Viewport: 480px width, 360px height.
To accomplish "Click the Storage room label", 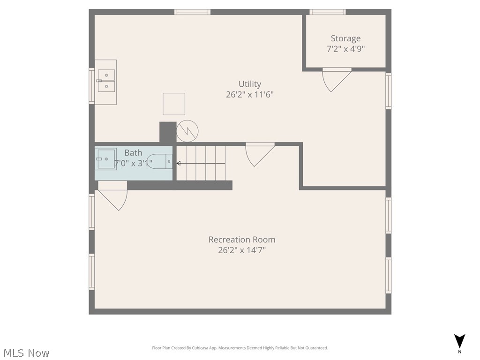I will pyautogui.click(x=345, y=38).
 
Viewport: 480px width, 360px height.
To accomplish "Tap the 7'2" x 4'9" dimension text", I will pyautogui.click(x=345, y=49).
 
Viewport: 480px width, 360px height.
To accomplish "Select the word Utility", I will pyautogui.click(x=249, y=84).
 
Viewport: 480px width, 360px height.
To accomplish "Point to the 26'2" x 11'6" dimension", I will pyautogui.click(x=249, y=94).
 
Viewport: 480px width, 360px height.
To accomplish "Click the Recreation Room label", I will pyautogui.click(x=242, y=240).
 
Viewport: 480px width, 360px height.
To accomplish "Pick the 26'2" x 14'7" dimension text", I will pyautogui.click(x=242, y=250).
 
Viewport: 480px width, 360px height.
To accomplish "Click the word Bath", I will pyautogui.click(x=133, y=153).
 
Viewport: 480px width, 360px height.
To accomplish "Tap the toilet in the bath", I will pyautogui.click(x=160, y=162).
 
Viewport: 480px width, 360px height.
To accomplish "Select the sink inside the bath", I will pyautogui.click(x=106, y=159).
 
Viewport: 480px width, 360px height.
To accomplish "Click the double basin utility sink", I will pyautogui.click(x=106, y=81).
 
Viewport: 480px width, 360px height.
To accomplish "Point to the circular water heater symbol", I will pyautogui.click(x=187, y=132).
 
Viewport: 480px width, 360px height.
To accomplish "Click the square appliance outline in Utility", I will pyautogui.click(x=174, y=104).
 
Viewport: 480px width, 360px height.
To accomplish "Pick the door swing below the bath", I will pyautogui.click(x=114, y=198).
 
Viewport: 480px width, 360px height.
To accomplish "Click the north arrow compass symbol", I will pyautogui.click(x=460, y=341).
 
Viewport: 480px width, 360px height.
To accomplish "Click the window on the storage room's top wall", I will pyautogui.click(x=327, y=12).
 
